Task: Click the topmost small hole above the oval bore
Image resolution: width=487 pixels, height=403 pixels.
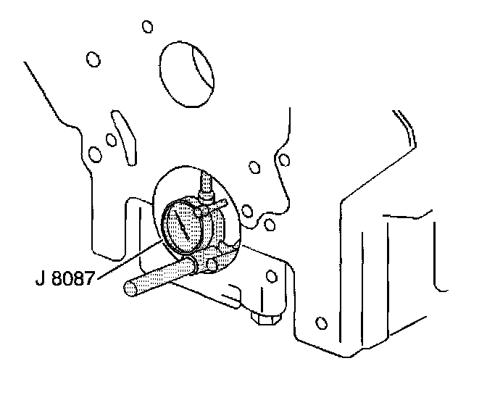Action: point(147,28)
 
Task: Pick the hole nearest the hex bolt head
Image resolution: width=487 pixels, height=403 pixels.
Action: point(270,275)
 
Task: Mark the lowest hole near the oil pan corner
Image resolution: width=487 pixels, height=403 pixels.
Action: point(322,321)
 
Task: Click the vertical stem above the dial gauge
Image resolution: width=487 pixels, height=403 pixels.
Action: point(207,186)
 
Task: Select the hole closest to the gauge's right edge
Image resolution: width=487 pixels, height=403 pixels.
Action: point(248,212)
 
